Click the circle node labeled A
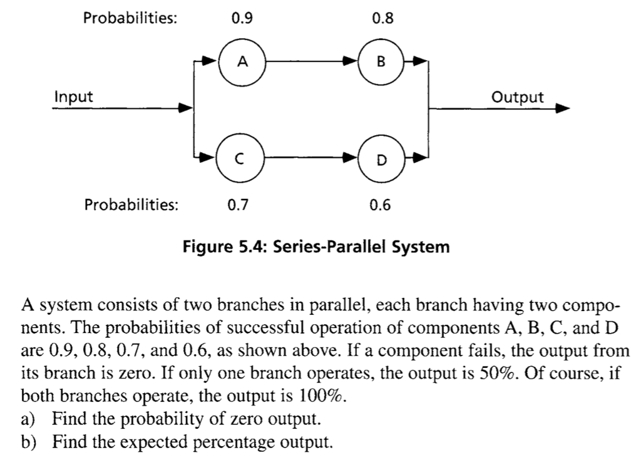tap(244, 61)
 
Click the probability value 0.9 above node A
tap(242, 19)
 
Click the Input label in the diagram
tap(73, 97)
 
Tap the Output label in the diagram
tap(518, 97)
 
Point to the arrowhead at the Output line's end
tap(563, 108)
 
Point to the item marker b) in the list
tap(31, 443)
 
